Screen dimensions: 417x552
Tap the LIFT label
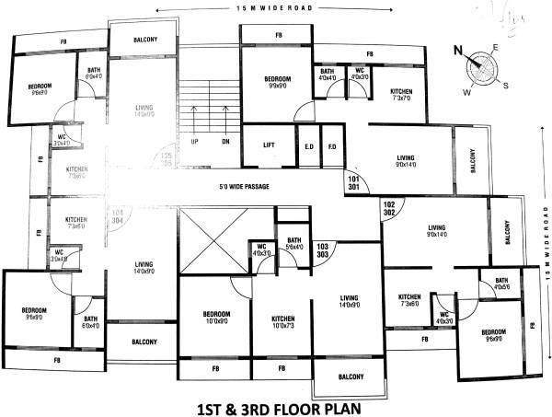(x=270, y=145)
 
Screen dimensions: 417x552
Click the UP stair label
(x=195, y=142)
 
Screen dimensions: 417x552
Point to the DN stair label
(x=225, y=142)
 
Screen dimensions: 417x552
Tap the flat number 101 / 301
(x=354, y=182)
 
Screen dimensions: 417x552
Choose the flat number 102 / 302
(x=389, y=209)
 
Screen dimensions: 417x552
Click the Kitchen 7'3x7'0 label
(x=401, y=96)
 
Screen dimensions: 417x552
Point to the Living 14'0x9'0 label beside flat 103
(x=349, y=301)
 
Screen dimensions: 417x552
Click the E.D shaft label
(x=309, y=146)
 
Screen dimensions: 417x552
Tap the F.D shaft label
(x=331, y=146)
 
